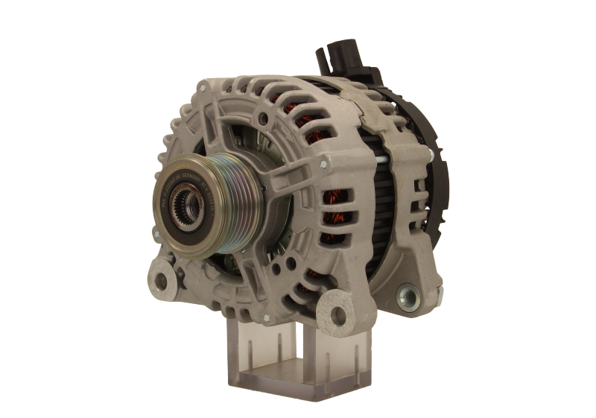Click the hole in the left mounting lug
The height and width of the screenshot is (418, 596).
click(x=160, y=281)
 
